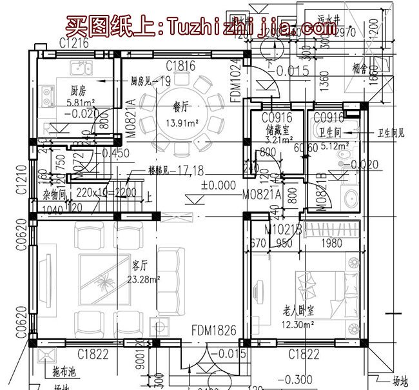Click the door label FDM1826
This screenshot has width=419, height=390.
[x=213, y=331]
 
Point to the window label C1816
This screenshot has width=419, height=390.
[x=180, y=65]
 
